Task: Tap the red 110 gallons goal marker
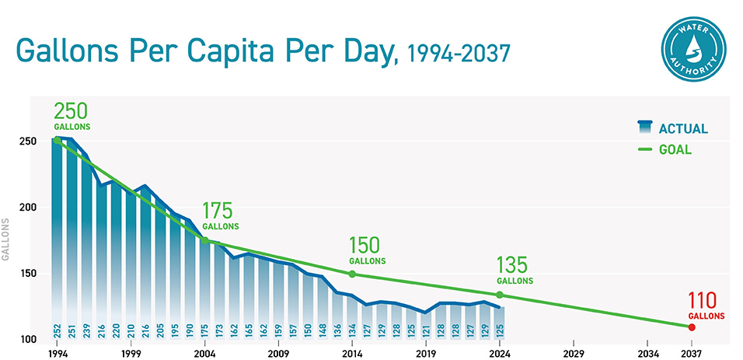point(691,327)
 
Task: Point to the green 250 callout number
point(72,111)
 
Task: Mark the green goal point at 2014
point(352,274)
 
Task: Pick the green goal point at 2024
point(500,295)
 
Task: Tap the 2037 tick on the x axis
point(691,352)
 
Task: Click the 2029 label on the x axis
point(574,352)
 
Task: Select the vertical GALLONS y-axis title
point(6,241)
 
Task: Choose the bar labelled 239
point(86,257)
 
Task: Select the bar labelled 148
point(323,303)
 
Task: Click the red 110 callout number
point(706,301)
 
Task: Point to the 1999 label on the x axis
point(131,352)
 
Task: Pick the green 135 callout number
point(515,264)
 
